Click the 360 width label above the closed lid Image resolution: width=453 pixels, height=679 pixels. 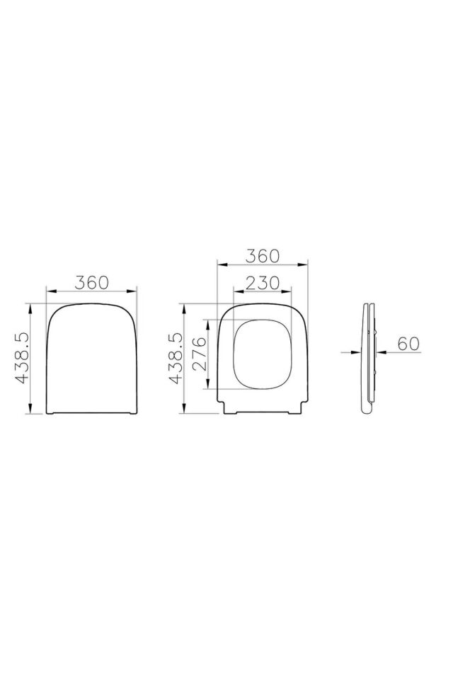click(x=91, y=281)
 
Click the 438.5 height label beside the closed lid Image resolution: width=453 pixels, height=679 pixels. click(x=21, y=359)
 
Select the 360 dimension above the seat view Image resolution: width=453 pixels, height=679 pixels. click(x=263, y=255)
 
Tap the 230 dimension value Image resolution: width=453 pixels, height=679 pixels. click(x=262, y=282)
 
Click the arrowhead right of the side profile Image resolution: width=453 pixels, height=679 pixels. click(x=379, y=351)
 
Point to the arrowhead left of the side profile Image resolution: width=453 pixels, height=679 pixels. click(x=357, y=351)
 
